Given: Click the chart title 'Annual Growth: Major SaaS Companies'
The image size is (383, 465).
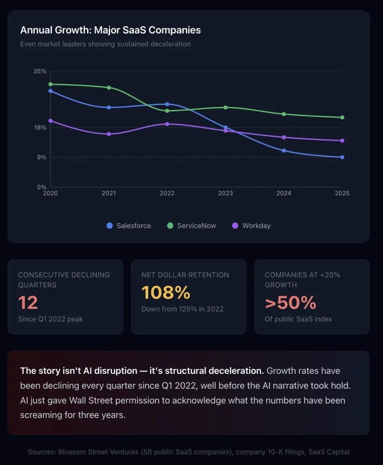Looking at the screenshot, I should coord(110,30).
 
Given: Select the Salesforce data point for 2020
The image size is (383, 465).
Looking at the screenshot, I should coord(50,91).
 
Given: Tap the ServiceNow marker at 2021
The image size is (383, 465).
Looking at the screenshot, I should coord(109,87).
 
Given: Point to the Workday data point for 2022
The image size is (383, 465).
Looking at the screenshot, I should coord(167,124).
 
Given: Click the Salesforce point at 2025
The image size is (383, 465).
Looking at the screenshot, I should coord(342,157).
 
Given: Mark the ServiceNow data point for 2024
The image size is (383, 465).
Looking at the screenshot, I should coord(284,114).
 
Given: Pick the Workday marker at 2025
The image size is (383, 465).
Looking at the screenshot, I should coord(342,140).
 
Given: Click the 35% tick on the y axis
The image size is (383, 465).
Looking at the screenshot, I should coord(40,71).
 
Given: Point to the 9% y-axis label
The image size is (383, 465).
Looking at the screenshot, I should coord(41,157).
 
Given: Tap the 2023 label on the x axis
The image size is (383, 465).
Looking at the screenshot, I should coord(225,193).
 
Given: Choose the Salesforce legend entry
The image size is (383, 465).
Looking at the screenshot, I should coord(129,226).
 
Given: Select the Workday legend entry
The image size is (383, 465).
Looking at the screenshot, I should coord(251,226).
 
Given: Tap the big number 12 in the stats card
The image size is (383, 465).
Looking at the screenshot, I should coord(28,303).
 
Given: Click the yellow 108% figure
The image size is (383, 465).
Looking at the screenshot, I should coord(166,293).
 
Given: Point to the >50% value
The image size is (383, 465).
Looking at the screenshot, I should coord(291,303).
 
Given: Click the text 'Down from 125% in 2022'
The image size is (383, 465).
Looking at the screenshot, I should coord(182,309).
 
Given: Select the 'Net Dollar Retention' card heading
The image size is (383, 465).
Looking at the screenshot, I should coord(185,275).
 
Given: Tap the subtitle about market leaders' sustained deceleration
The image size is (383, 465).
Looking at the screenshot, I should coord(105,44).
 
